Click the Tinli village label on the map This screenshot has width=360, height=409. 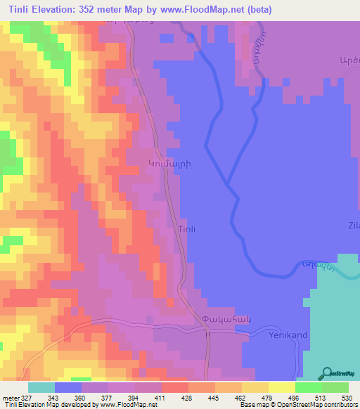tap(186, 230)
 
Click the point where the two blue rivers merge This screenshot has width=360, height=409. tap(228, 185)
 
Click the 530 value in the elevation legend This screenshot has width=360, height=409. tap(337, 398)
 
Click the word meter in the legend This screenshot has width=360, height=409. tap(10, 398)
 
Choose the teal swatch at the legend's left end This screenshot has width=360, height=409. tap(41, 387)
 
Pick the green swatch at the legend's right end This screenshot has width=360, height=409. tap(335, 387)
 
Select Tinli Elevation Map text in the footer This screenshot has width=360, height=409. tap(28, 405)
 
